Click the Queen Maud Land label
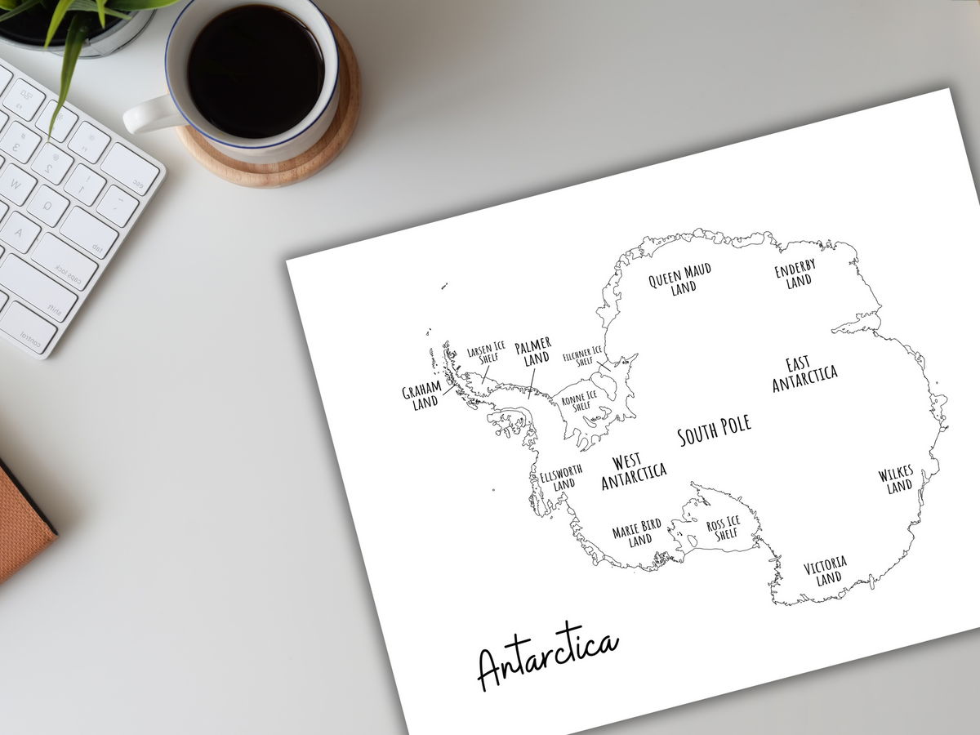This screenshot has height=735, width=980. coord(680,278)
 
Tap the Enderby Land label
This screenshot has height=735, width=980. coord(796,274)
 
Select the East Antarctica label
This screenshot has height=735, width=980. coord(804,374)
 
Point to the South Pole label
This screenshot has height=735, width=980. coord(714,431)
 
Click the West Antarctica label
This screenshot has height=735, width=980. coord(633,472)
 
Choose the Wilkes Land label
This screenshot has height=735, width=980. coord(897,480)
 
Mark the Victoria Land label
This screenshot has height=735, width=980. coord(826,571)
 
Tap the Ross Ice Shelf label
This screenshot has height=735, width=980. coord(724,528)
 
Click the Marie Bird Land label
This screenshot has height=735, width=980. coord(637,532)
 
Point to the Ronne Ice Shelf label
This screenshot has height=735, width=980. coord(578,401)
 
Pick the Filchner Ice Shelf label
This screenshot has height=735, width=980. coord(583,357)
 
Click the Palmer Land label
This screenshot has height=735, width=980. coord(534,351)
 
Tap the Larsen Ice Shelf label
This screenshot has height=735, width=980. coord(486,353)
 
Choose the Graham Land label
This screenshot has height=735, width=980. coord(421,395)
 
